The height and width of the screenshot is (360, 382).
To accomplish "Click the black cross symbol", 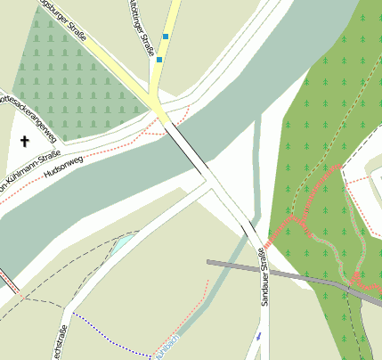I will pyautogui.click(x=24, y=141).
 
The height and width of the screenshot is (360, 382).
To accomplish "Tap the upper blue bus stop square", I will pyautogui.click(x=166, y=37).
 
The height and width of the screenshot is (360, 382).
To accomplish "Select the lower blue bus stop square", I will pyautogui.click(x=159, y=61).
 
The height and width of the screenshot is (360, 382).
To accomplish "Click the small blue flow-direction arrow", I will pyautogui.click(x=258, y=336).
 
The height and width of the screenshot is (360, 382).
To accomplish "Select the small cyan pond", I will pyautogui.click(x=122, y=241).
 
